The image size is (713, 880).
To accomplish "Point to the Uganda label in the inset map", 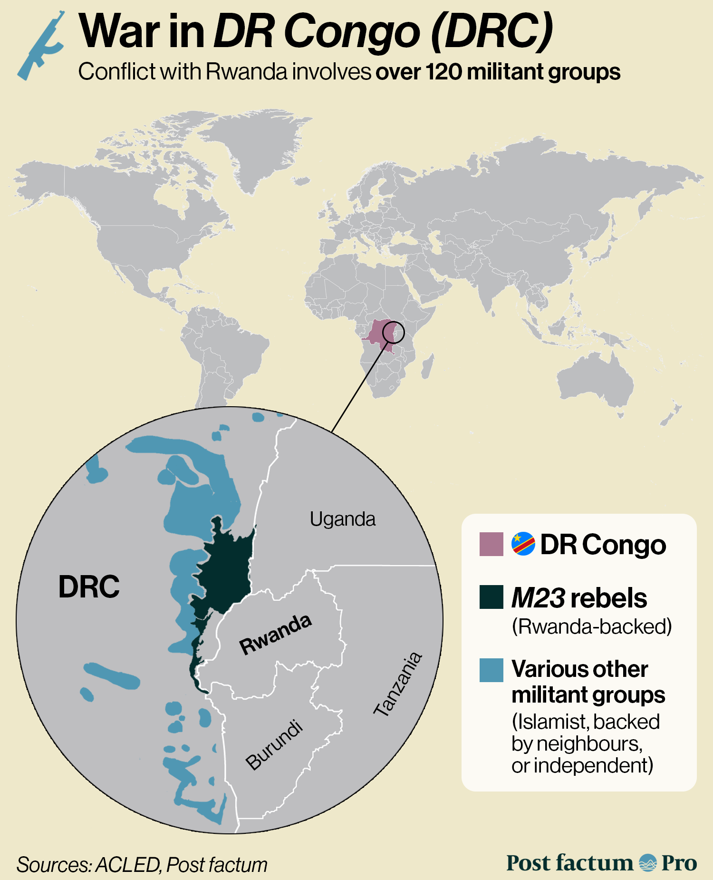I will tap(342, 519).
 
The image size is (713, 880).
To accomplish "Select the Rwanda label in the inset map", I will tap(276, 634).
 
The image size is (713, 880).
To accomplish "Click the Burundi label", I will tap(274, 745).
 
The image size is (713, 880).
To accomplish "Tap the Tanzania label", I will tap(397, 684).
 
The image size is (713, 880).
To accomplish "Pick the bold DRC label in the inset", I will tap(89, 587).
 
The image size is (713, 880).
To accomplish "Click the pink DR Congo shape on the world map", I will tap(378, 335).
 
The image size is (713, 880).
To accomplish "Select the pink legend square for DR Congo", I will tap(491, 544).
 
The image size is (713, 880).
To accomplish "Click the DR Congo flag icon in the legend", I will tap(523, 544).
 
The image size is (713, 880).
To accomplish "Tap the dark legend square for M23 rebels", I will tap(491, 597).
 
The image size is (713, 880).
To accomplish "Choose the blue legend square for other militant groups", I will tap(491, 670).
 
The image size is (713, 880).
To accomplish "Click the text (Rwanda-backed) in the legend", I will tap(591, 626).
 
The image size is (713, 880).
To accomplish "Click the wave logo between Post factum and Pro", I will tap(647, 863).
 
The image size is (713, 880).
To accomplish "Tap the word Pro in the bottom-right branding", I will tap(679, 863).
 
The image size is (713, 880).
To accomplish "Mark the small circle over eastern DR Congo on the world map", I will tap(394, 332).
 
